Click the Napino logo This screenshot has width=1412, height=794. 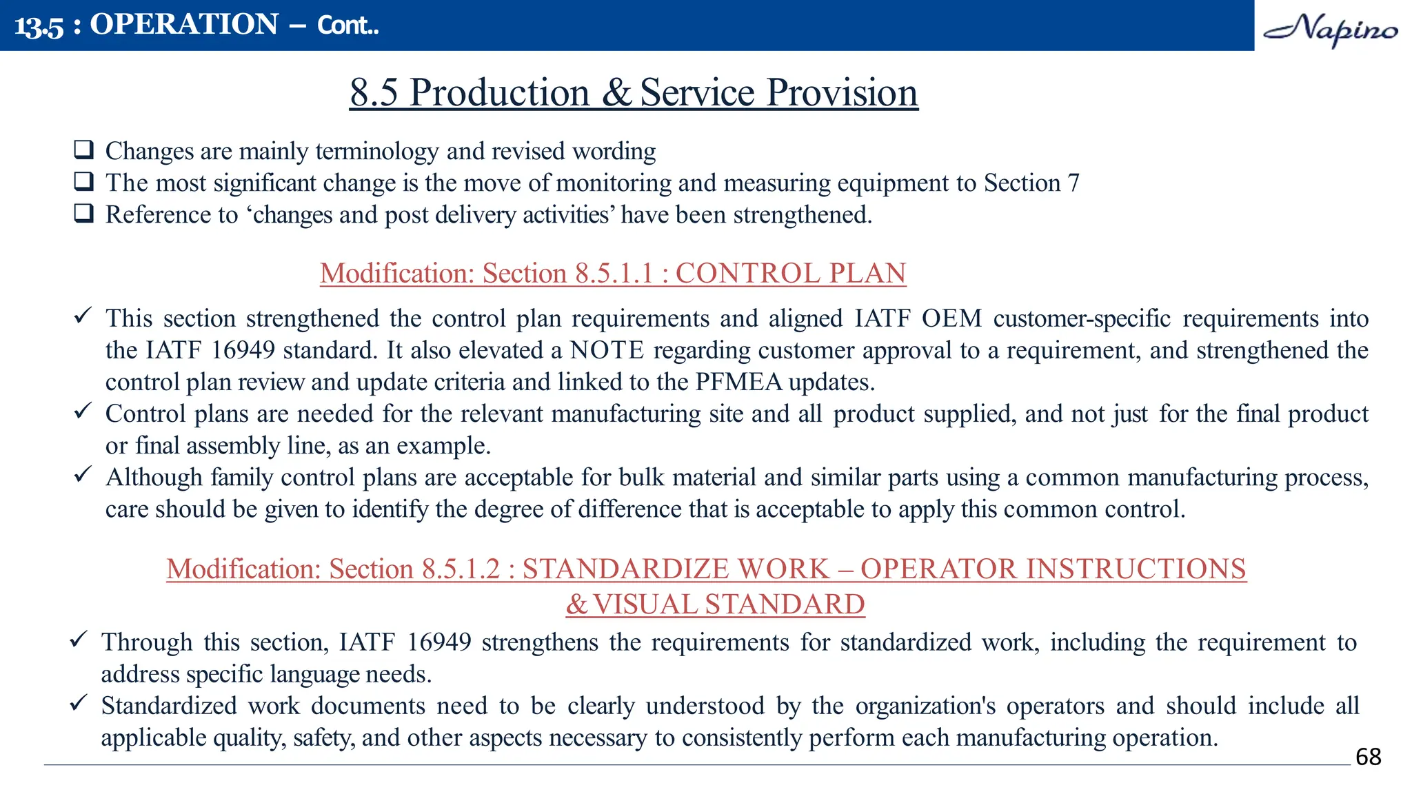pyautogui.click(x=1330, y=29)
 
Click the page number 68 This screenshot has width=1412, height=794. pyautogui.click(x=1368, y=757)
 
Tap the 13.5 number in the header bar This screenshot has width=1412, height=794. pyautogui.click(x=39, y=26)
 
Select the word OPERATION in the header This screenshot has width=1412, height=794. pyautogui.click(x=184, y=25)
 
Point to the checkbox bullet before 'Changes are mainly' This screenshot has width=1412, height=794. pyautogui.click(x=84, y=150)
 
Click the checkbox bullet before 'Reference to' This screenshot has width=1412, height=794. pyautogui.click(x=84, y=213)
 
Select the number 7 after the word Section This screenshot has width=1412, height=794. pyautogui.click(x=1073, y=183)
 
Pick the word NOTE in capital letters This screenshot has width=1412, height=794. pyautogui.click(x=607, y=350)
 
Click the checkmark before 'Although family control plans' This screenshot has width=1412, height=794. pyautogui.click(x=83, y=474)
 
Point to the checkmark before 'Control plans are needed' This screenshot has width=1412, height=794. pyautogui.click(x=83, y=411)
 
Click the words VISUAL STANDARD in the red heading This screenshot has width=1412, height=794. pyautogui.click(x=728, y=604)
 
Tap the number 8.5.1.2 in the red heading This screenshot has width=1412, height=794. pyautogui.click(x=461, y=569)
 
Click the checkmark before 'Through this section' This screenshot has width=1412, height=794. pyautogui.click(x=79, y=639)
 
